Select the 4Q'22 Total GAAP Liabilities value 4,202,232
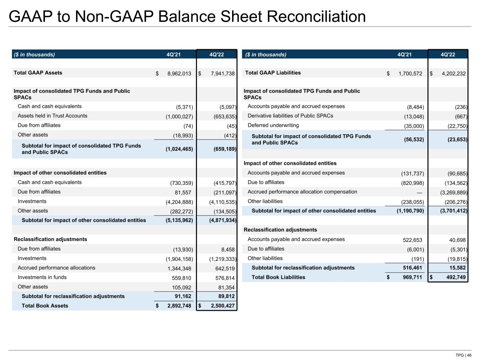454,73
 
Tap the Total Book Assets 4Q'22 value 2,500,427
223,306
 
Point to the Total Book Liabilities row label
278,277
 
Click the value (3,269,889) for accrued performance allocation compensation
454,192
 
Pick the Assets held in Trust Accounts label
52,116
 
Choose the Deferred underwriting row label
273,126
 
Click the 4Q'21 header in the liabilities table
404,54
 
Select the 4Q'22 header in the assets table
216,54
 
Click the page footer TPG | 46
463,355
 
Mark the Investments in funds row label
42,277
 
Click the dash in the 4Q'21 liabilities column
419,192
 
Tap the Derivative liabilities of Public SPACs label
290,116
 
